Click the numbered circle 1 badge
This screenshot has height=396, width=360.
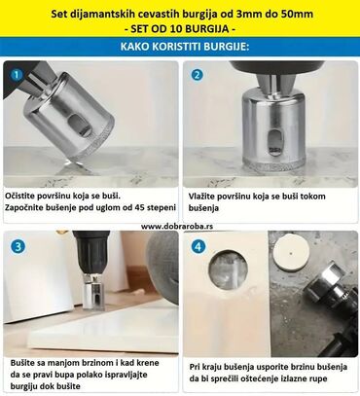[x=17, y=75]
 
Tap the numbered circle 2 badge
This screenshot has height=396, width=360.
[x=197, y=75]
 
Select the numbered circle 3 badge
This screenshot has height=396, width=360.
[x=18, y=246]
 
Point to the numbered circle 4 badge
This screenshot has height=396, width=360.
[x=198, y=246]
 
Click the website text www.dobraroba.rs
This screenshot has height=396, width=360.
[x=177, y=227]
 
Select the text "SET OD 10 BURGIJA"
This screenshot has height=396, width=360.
[x=180, y=29]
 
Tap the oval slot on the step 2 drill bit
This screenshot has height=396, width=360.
[x=275, y=142]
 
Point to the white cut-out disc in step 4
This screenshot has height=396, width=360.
[x=291, y=254]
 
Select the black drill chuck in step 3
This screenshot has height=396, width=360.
[x=90, y=253]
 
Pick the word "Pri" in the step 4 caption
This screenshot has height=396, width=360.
[x=195, y=367]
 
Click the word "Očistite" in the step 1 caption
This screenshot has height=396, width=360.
[x=18, y=197]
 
